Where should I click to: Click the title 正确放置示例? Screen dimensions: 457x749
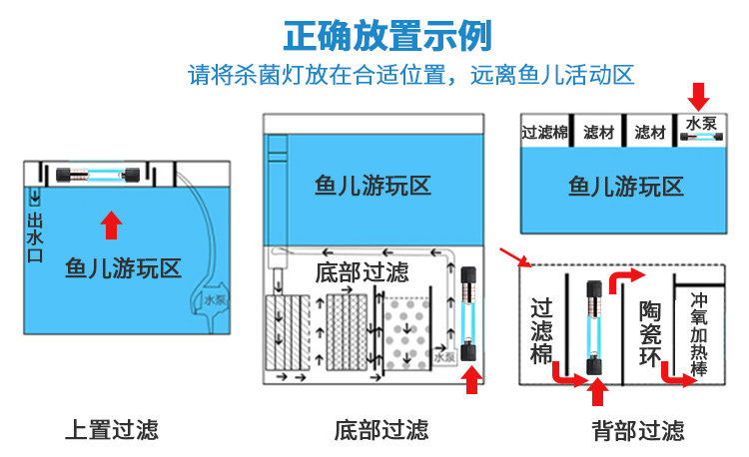click(x=386, y=37)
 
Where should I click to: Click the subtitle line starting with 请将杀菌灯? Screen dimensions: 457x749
click(x=412, y=76)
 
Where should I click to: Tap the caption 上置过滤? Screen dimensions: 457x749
click(x=112, y=430)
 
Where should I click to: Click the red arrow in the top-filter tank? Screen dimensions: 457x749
click(x=111, y=225)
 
